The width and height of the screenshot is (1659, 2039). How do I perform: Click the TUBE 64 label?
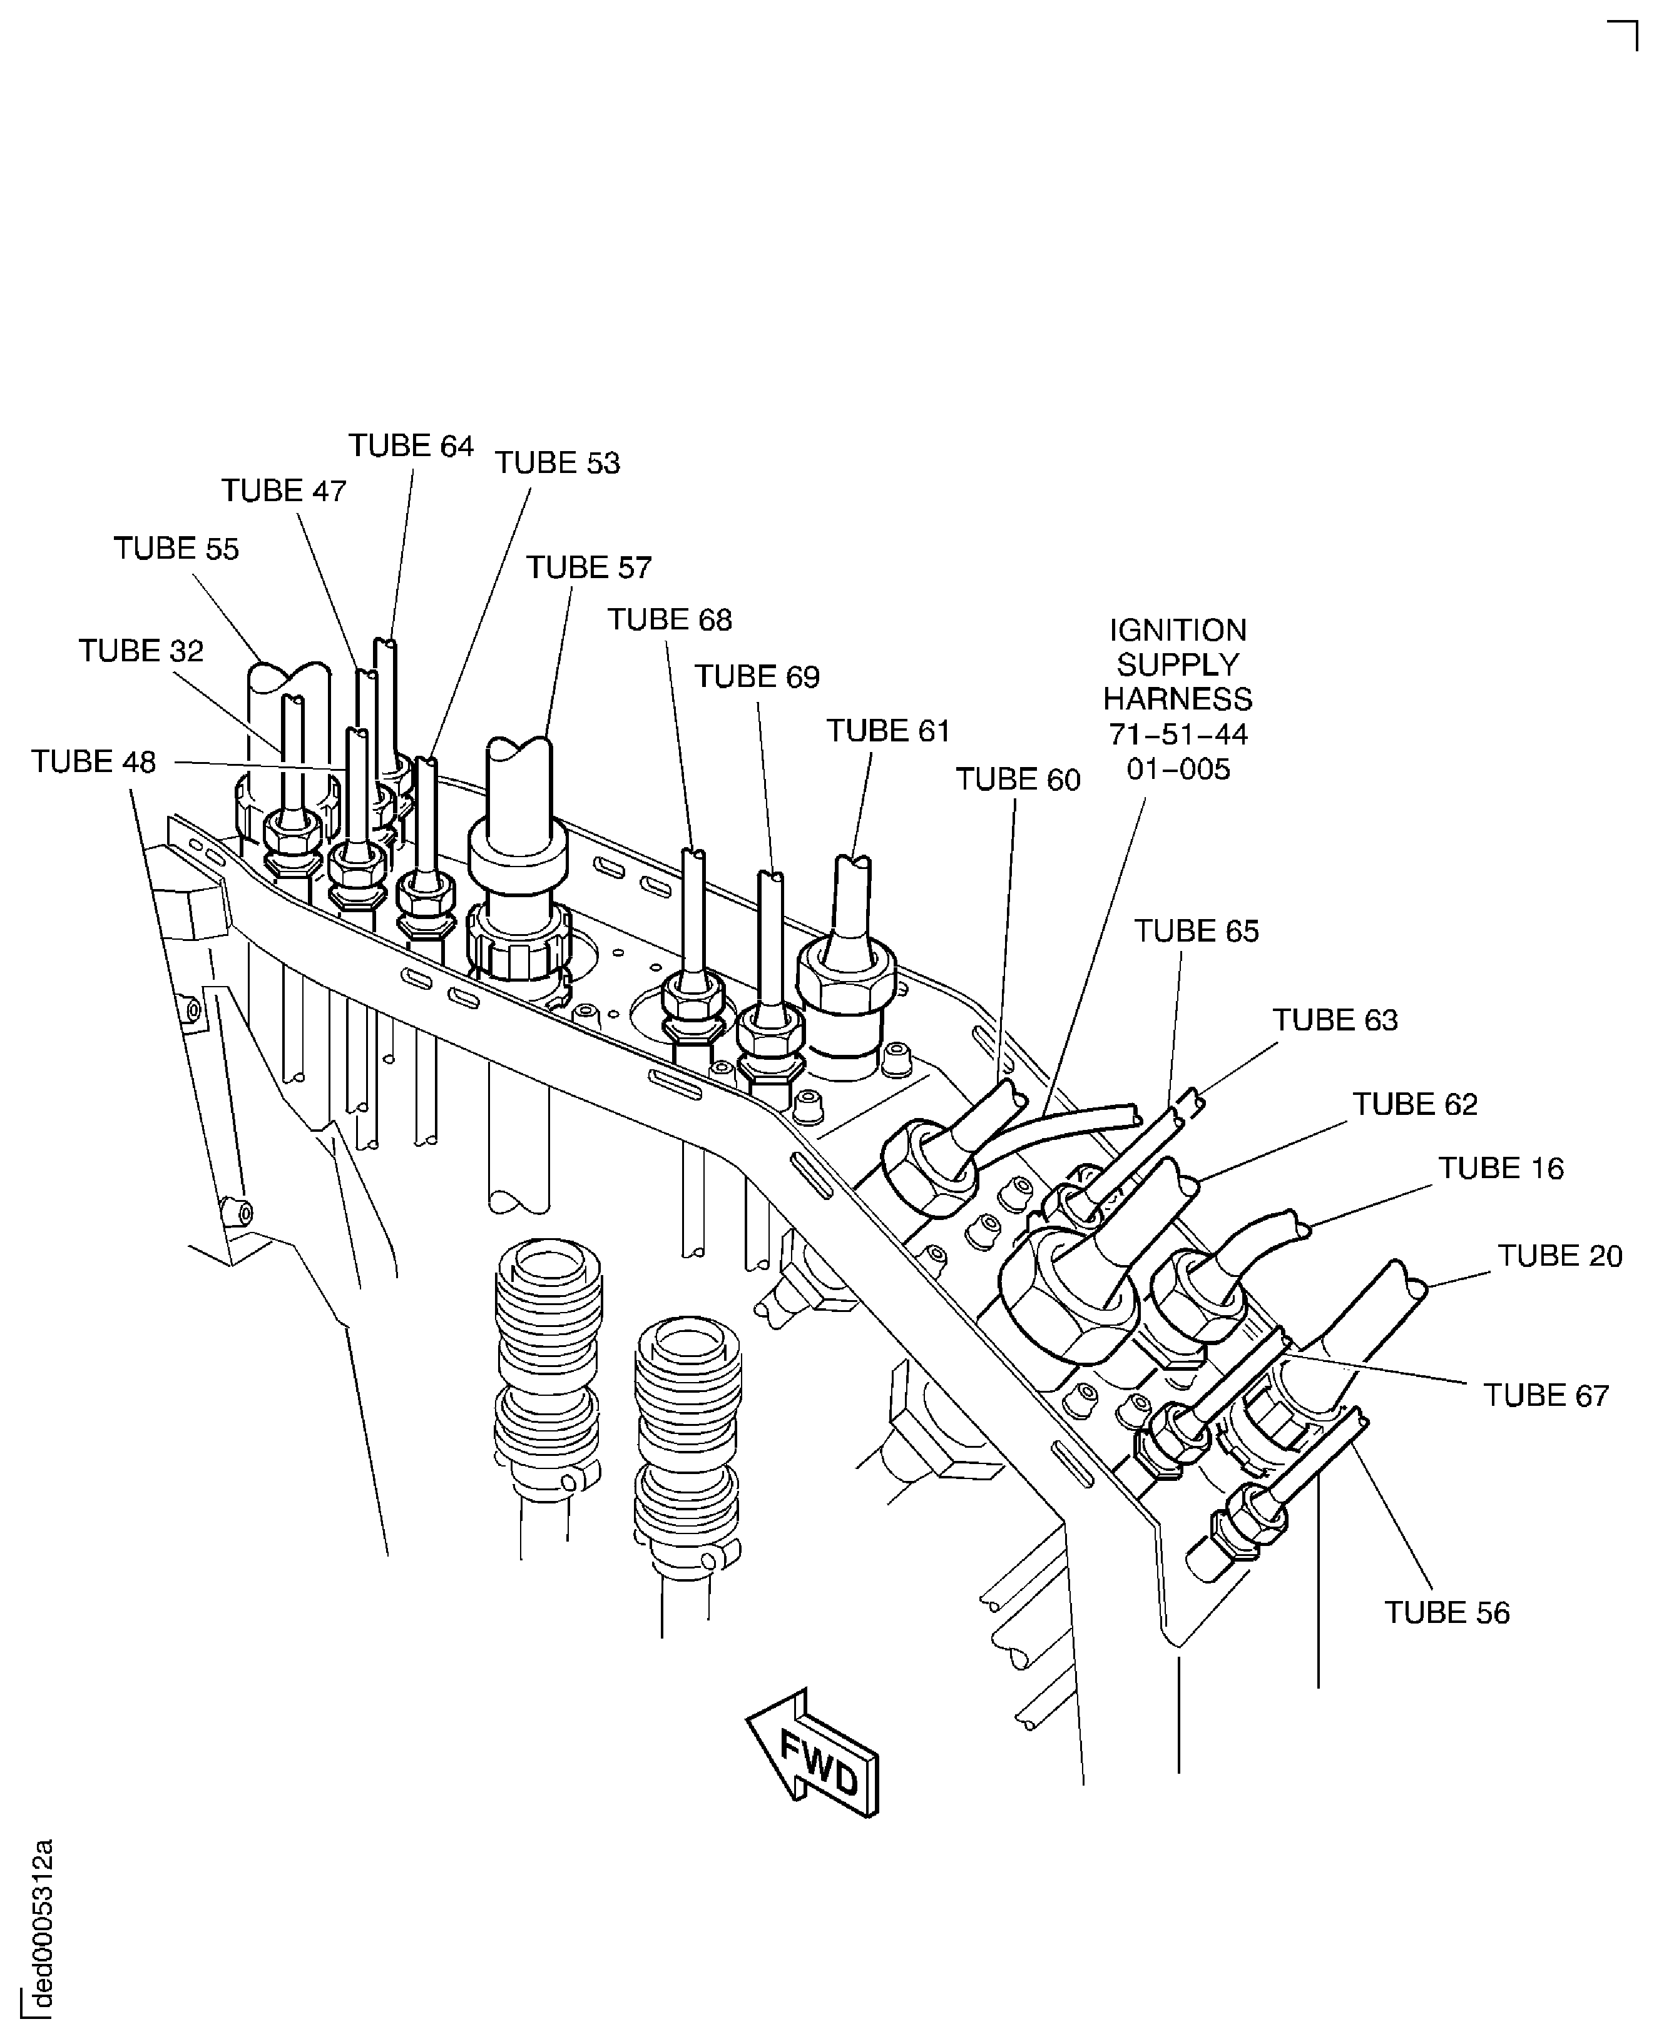click(411, 446)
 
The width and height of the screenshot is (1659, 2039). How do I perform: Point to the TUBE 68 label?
click(670, 620)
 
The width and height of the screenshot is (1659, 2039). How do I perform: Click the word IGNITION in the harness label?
click(1177, 631)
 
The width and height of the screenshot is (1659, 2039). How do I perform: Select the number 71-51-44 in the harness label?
click(1177, 735)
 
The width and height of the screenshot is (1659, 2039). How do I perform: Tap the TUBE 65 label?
click(1197, 932)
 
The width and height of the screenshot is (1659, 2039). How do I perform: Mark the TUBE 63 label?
click(1335, 1020)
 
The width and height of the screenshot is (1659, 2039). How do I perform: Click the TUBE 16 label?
click(1501, 1169)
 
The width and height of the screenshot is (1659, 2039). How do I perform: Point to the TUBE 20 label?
click(1559, 1256)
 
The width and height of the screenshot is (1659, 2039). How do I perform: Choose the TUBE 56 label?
click(1447, 1613)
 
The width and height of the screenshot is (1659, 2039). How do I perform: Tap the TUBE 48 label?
click(94, 763)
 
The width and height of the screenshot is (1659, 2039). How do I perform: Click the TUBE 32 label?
click(141, 652)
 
